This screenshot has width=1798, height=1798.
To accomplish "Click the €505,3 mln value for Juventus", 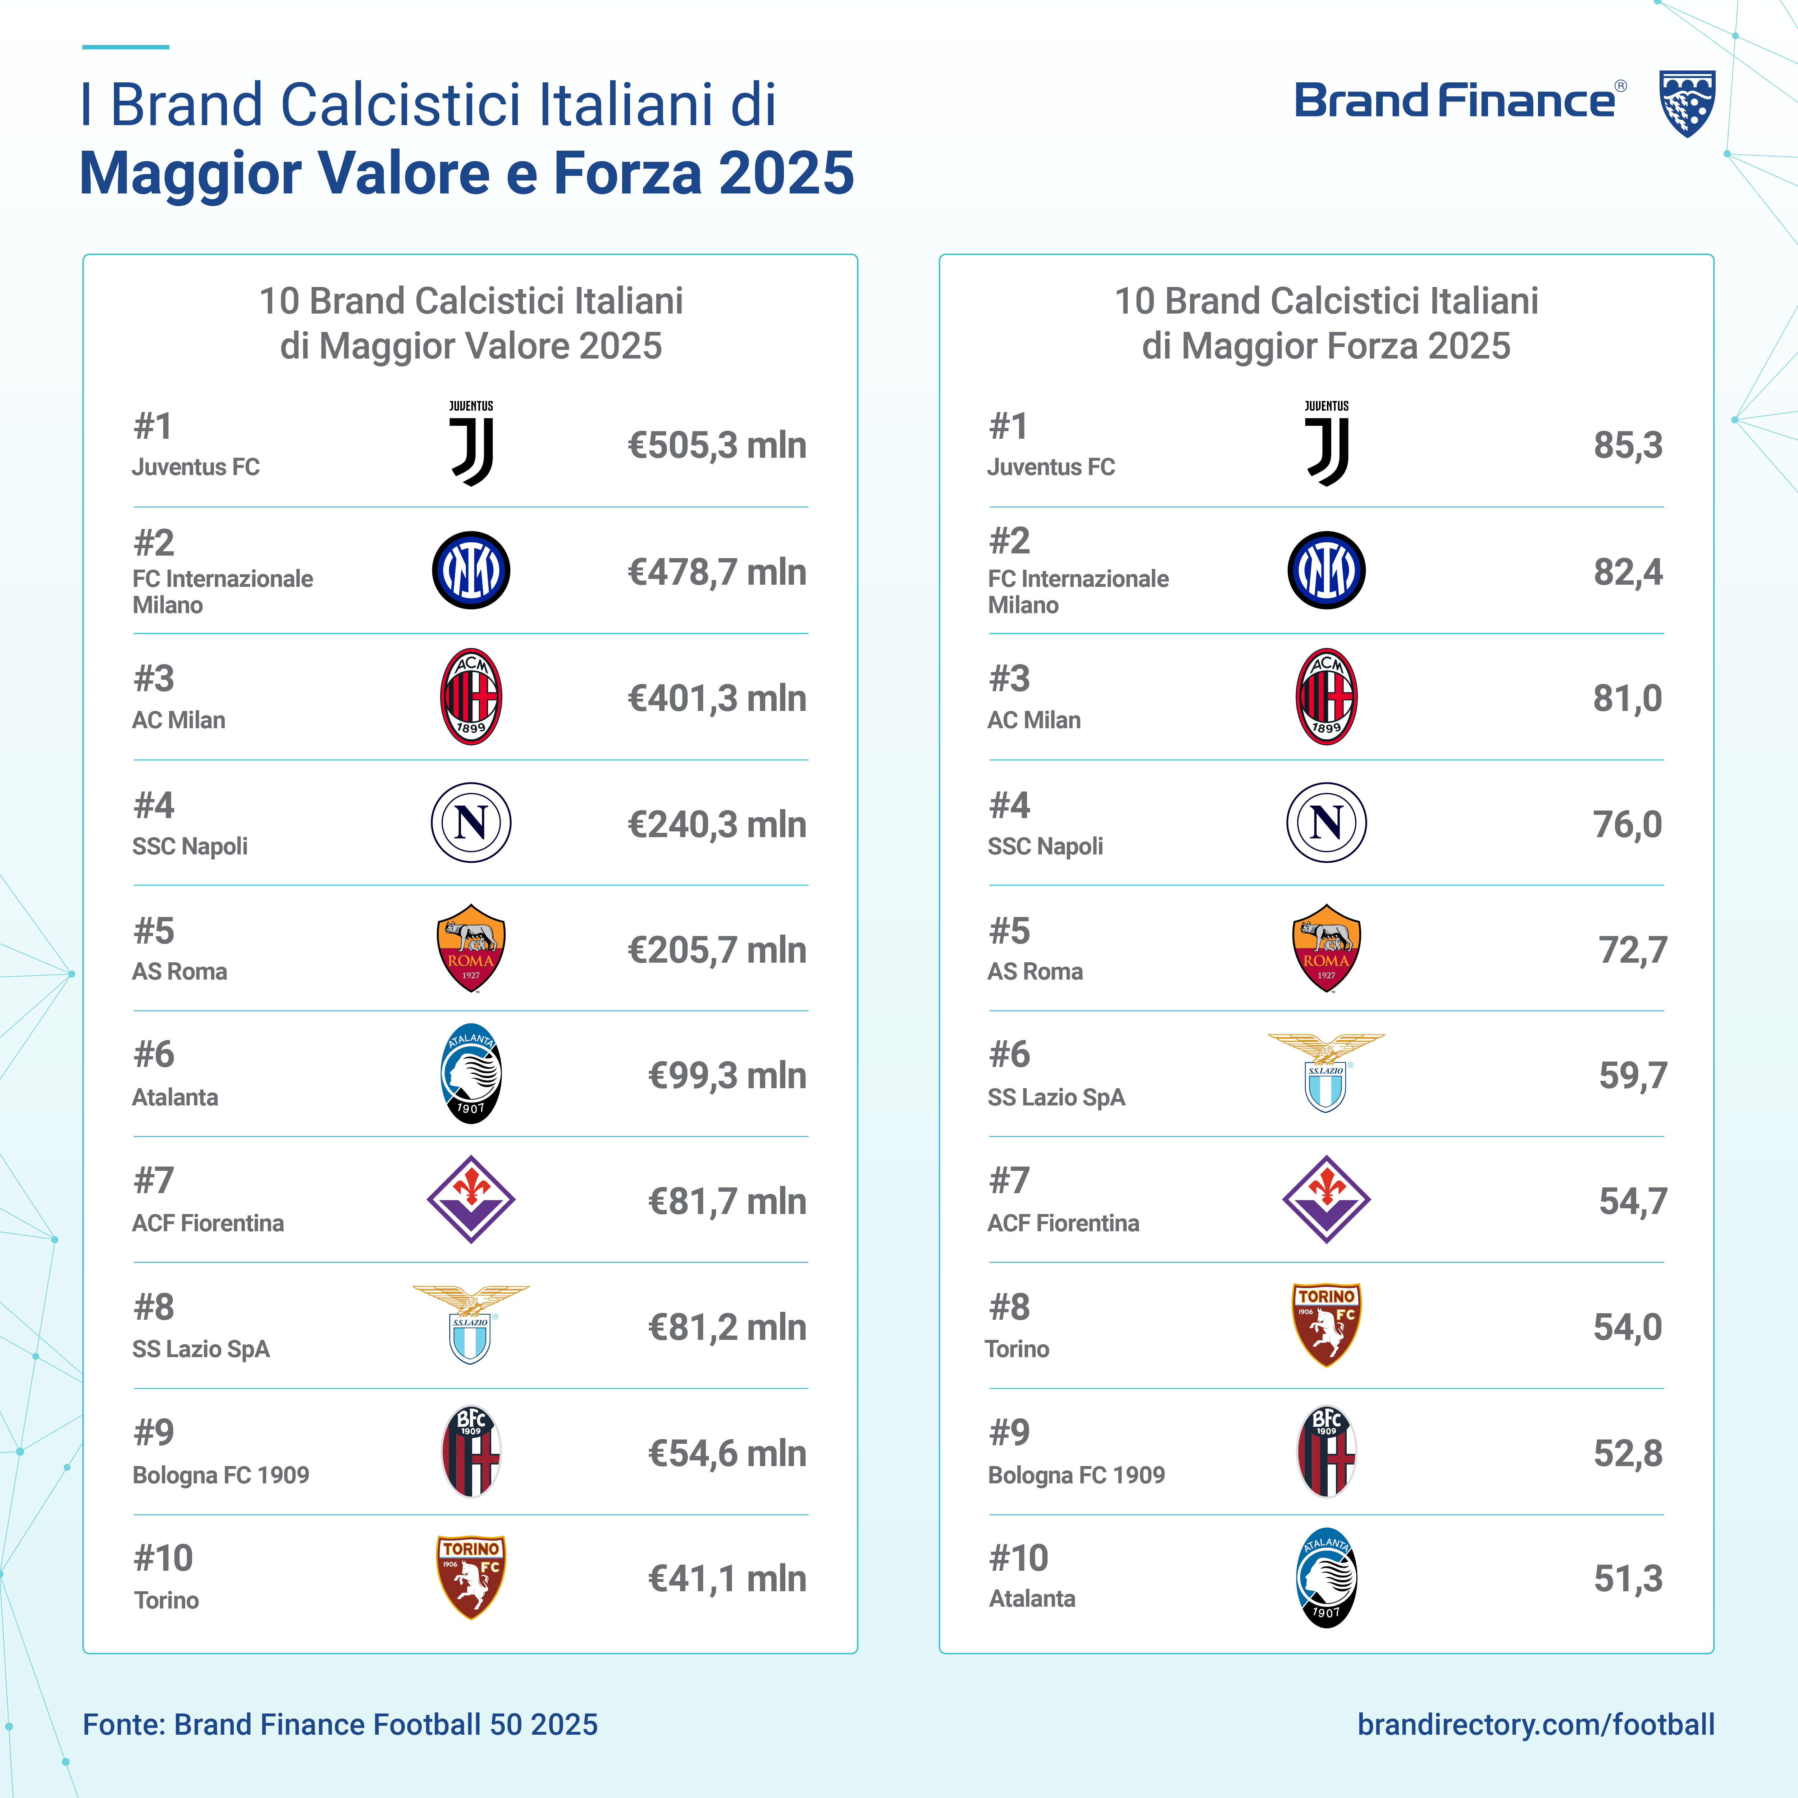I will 717,446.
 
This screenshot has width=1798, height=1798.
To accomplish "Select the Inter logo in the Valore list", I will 471,570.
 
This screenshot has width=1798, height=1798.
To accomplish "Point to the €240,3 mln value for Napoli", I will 717,825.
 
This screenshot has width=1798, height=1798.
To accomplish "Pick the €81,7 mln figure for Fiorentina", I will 727,1201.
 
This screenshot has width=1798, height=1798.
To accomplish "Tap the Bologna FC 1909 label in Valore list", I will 220,1475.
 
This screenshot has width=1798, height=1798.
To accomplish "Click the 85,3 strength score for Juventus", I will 1628,446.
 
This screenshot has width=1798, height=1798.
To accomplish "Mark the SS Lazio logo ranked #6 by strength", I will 1326,1072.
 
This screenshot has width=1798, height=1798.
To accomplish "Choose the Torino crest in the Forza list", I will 1326,1324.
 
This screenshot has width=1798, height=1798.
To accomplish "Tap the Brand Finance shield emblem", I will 1687,103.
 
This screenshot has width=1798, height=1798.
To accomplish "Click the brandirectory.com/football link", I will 1535,1725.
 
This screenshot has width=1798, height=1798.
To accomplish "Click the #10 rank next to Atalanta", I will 1018,1558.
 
